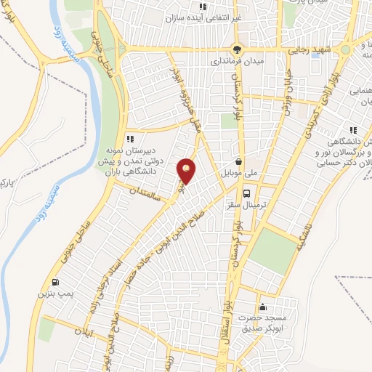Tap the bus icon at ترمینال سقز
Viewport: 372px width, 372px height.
click(248, 194)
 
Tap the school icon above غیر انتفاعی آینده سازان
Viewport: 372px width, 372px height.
click(203, 7)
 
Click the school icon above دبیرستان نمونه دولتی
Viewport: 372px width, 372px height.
click(130, 139)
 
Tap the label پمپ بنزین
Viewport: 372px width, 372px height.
click(55, 295)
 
